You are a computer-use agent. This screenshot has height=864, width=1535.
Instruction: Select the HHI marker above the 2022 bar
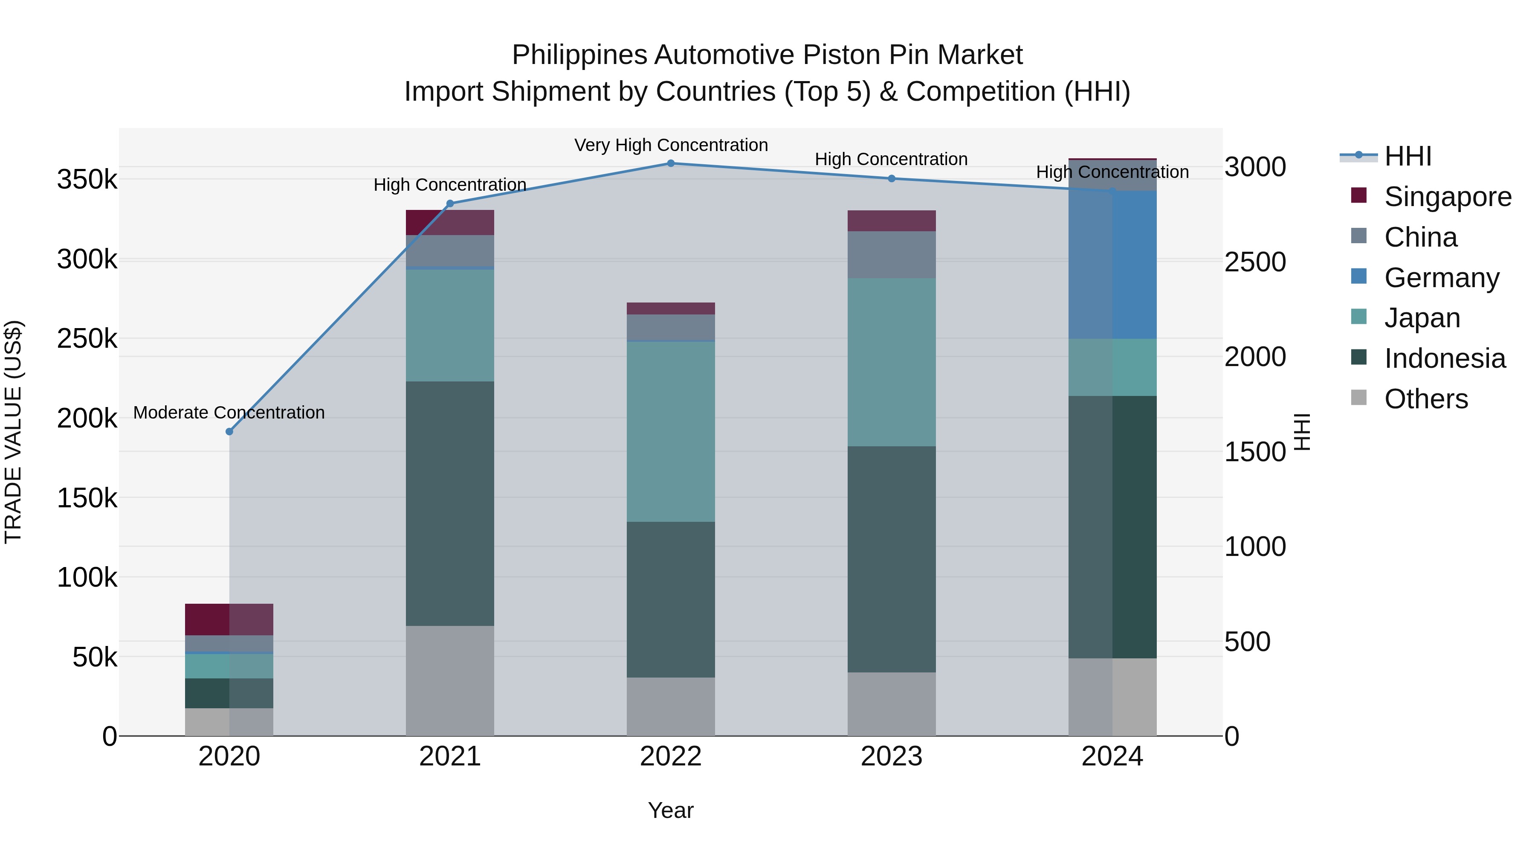[x=671, y=163]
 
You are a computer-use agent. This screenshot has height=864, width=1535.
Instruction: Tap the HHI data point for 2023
[x=892, y=178]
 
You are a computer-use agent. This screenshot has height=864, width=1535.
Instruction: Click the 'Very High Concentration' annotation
[x=671, y=145]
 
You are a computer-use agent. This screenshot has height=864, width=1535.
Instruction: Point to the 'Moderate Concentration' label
[x=229, y=413]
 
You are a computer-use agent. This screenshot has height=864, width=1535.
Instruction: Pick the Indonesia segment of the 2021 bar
[x=450, y=503]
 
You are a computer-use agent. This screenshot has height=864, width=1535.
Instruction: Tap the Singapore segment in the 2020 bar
[x=229, y=620]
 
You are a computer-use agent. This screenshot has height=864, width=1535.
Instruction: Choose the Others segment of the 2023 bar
[x=892, y=704]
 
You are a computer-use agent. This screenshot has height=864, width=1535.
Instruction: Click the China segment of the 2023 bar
[x=892, y=255]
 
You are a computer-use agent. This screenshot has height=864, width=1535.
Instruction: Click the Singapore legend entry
[x=1447, y=197]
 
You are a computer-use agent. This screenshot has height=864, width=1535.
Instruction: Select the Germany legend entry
[x=1441, y=278]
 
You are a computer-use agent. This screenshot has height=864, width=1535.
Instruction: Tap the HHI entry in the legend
[x=1408, y=156]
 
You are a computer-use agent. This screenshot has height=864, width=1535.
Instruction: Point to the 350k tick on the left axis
[x=87, y=179]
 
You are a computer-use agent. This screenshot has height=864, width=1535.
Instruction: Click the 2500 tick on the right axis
[x=1255, y=262]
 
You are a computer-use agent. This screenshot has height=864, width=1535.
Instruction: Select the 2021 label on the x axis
[x=450, y=756]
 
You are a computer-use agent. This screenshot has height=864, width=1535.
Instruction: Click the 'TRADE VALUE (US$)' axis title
[x=13, y=432]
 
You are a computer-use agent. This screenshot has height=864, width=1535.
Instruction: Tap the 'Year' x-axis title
[x=671, y=810]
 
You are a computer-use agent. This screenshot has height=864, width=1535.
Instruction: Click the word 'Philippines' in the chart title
[x=579, y=55]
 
